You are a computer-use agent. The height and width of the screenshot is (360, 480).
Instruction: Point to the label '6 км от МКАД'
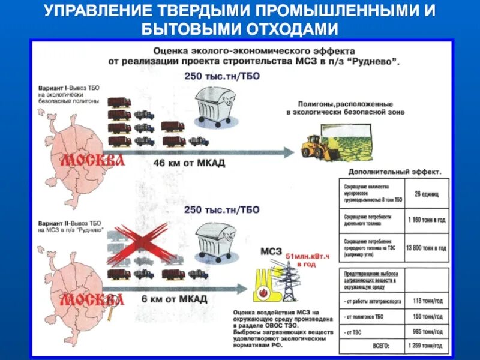(x=175, y=298)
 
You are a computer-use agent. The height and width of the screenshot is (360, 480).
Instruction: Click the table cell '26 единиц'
(x=426, y=194)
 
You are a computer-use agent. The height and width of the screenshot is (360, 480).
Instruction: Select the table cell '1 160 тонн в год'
(x=426, y=220)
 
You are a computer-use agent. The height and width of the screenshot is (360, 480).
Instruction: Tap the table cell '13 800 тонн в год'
(x=426, y=247)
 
